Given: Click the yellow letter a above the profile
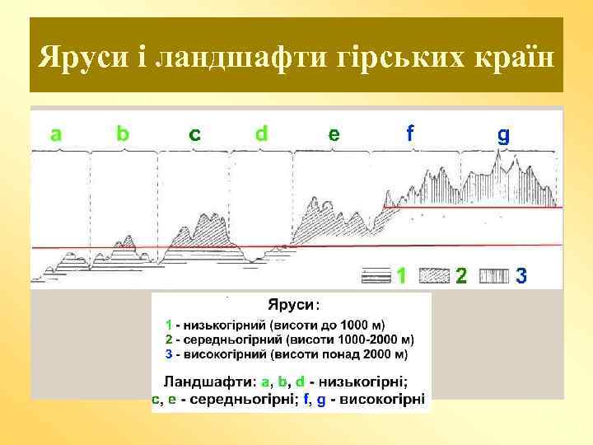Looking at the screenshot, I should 55,133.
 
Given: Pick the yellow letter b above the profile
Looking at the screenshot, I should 122,133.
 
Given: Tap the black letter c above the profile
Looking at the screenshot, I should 194,133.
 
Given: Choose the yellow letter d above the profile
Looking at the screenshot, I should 261,133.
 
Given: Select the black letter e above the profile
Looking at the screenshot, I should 333,133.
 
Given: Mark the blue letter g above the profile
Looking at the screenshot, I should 503,135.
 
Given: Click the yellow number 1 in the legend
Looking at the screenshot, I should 401,275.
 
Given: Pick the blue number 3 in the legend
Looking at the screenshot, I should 521,275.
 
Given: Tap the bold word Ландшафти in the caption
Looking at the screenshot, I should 209,382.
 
